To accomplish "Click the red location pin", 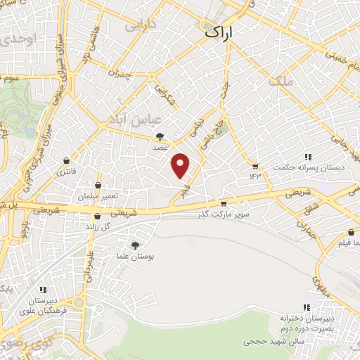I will tap(181, 166).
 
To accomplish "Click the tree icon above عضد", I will tap(162, 137).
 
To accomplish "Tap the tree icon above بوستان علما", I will tap(135, 245).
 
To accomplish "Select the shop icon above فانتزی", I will tap(67, 160).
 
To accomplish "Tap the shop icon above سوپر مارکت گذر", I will tap(224, 204).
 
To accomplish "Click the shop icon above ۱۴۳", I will tap(255, 166).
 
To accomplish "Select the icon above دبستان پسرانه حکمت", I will tap(307, 157).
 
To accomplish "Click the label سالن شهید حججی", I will tap(271, 342).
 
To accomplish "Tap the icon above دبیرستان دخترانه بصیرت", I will tap(306, 307).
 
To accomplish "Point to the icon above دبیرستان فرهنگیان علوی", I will tap(43, 289).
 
